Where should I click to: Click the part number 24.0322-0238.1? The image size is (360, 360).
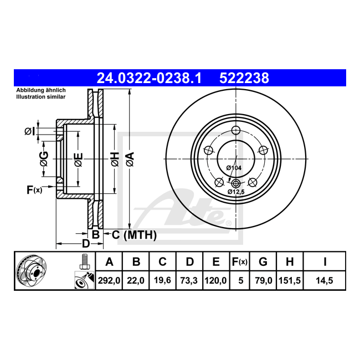tap(149, 78)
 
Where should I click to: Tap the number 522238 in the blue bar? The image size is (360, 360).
tap(244, 78)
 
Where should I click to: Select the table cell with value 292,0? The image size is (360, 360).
tap(109, 281)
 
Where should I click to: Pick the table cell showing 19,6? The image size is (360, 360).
tap(162, 281)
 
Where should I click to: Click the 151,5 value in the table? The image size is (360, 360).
tap(290, 281)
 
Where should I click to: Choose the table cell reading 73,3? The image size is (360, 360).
tap(189, 281)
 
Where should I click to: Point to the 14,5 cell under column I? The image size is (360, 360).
tap(325, 281)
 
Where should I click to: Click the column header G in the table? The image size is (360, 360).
tap(263, 262)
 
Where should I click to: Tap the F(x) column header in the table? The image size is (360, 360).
tap(239, 262)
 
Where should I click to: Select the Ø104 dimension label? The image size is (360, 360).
tap(234, 168)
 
